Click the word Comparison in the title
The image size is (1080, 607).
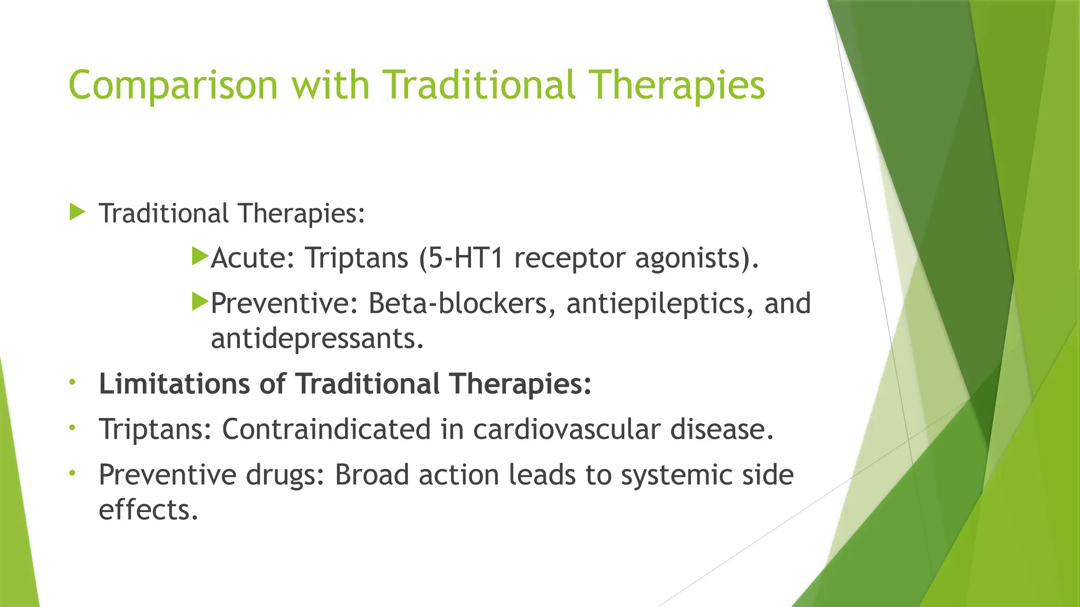(x=173, y=85)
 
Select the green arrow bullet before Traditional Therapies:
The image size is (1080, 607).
(x=77, y=212)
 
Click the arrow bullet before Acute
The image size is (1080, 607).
(x=200, y=257)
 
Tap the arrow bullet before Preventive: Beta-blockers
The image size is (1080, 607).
(x=200, y=302)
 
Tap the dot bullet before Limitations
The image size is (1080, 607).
(x=72, y=381)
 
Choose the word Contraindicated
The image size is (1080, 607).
(x=326, y=429)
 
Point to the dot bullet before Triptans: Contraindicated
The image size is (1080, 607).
(x=72, y=427)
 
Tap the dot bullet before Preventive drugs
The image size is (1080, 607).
(x=72, y=473)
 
